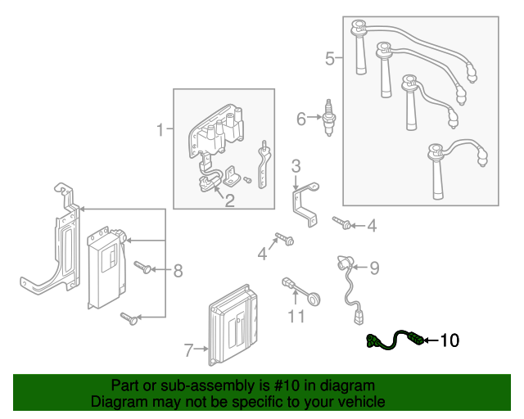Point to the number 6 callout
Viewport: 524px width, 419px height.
[x=301, y=119]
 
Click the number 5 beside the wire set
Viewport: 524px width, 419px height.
[x=330, y=58]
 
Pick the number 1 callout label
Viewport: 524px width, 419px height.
[x=160, y=128]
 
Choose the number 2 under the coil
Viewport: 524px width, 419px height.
[x=230, y=199]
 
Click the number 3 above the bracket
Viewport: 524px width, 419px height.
[x=296, y=165]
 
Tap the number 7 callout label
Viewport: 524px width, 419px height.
[x=188, y=351]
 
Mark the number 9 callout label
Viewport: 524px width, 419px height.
[x=374, y=267]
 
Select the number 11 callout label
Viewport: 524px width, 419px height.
[x=296, y=316]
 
